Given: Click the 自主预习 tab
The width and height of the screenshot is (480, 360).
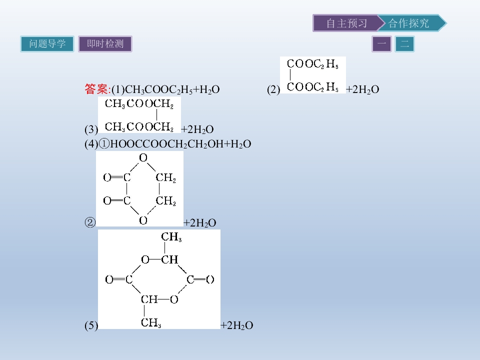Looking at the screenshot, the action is tap(346, 23).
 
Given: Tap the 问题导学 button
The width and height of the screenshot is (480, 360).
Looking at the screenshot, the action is tap(47, 44).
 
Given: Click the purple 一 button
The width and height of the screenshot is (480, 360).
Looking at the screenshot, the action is tap(381, 44).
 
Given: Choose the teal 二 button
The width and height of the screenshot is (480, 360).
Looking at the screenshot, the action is tap(404, 44).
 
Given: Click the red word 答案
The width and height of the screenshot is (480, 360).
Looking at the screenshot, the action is tap(96, 89).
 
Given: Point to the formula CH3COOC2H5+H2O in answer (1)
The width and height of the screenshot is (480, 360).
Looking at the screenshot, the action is tap(172, 89).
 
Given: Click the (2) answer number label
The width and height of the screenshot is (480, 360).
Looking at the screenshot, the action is tap(273, 89).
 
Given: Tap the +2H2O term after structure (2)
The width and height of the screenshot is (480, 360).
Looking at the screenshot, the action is tap(362, 89).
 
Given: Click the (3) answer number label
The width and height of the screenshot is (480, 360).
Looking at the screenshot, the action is tap(91, 129).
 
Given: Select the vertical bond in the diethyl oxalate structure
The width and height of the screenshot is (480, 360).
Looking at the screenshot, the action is tap(290, 75).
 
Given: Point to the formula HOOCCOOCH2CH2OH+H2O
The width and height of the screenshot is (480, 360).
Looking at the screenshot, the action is tap(180, 144).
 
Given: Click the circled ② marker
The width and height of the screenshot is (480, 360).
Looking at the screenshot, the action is tap(90, 222).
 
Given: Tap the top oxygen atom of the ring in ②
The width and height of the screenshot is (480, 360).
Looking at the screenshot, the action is tap(143, 157).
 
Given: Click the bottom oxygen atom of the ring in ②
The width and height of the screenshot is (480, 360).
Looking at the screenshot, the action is tap(143, 220).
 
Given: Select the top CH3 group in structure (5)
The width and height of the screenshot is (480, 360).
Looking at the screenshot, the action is tap(171, 236).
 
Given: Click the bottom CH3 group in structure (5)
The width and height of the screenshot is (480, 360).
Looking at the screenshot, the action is tap(151, 322).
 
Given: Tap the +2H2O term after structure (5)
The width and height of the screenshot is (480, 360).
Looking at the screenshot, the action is tap(237, 325).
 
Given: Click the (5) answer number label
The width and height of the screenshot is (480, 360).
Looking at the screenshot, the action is tap(91, 325).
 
